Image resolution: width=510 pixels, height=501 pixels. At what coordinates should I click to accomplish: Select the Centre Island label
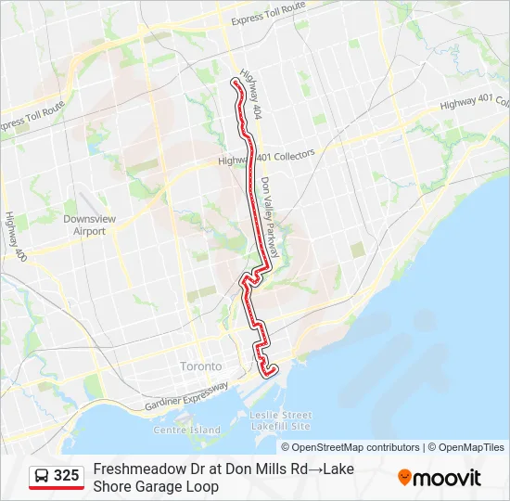point(186,430)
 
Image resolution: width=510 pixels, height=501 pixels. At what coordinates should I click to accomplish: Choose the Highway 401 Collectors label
point(267,157)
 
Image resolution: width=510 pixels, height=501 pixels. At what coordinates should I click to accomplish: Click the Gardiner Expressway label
point(186,397)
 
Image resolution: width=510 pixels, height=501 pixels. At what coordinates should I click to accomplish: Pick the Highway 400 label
point(15,236)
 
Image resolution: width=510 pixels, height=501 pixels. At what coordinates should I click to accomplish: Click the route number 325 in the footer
point(66,476)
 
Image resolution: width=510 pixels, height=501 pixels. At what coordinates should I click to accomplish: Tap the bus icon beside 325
point(42,476)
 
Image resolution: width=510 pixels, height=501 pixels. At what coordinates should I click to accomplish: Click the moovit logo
point(440,477)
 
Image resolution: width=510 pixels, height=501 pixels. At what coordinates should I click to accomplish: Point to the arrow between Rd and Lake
point(315,469)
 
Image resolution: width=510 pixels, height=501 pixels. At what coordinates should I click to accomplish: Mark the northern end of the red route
point(235,83)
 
